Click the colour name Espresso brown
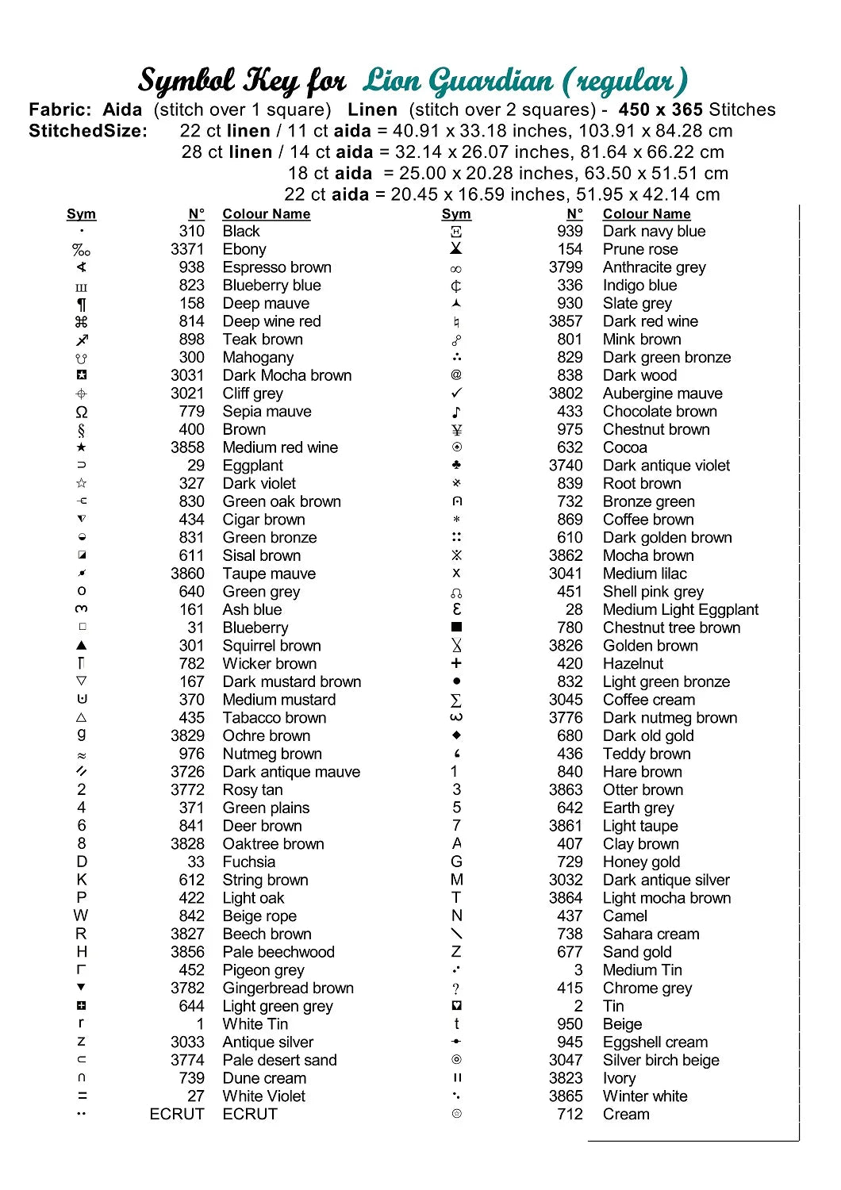pyautogui.click(x=277, y=267)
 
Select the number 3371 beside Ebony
pyautogui.click(x=187, y=249)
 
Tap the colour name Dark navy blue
pyautogui.click(x=654, y=231)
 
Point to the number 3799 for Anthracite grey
pyautogui.click(x=566, y=267)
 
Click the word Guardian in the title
pyautogui.click(x=493, y=80)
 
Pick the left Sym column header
pyautogui.click(x=81, y=213)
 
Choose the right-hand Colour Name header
pyautogui.click(x=647, y=213)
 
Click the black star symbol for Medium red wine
pyautogui.click(x=81, y=447)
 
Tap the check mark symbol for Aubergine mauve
pyautogui.click(x=456, y=393)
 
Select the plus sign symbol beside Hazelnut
pyautogui.click(x=456, y=663)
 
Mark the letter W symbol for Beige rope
pyautogui.click(x=81, y=916)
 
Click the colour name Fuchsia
pyautogui.click(x=249, y=862)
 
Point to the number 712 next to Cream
pyautogui.click(x=570, y=1114)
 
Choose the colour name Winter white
pyautogui.click(x=645, y=1096)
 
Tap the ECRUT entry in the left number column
pyautogui.click(x=177, y=1114)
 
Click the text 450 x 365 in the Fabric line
pyautogui.click(x=662, y=109)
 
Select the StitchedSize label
pyautogui.click(x=88, y=131)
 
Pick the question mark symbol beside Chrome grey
pyautogui.click(x=456, y=988)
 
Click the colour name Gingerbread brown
pyautogui.click(x=288, y=988)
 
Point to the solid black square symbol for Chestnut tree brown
pyautogui.click(x=456, y=628)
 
